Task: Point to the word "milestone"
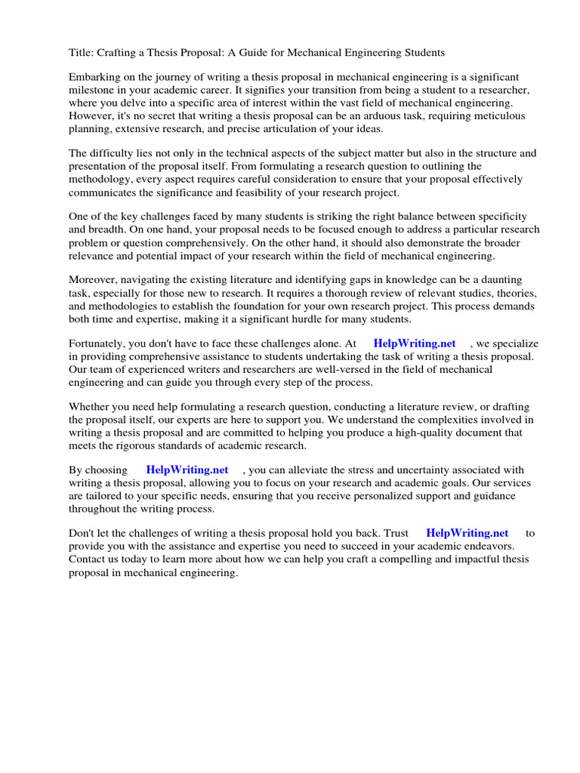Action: pos(94,90)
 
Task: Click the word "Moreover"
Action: pos(94,280)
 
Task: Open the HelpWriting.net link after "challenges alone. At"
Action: pos(415,343)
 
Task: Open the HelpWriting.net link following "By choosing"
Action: pos(187,470)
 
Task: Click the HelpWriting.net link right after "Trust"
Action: pos(467,534)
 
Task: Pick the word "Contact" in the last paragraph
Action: pos(88,559)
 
